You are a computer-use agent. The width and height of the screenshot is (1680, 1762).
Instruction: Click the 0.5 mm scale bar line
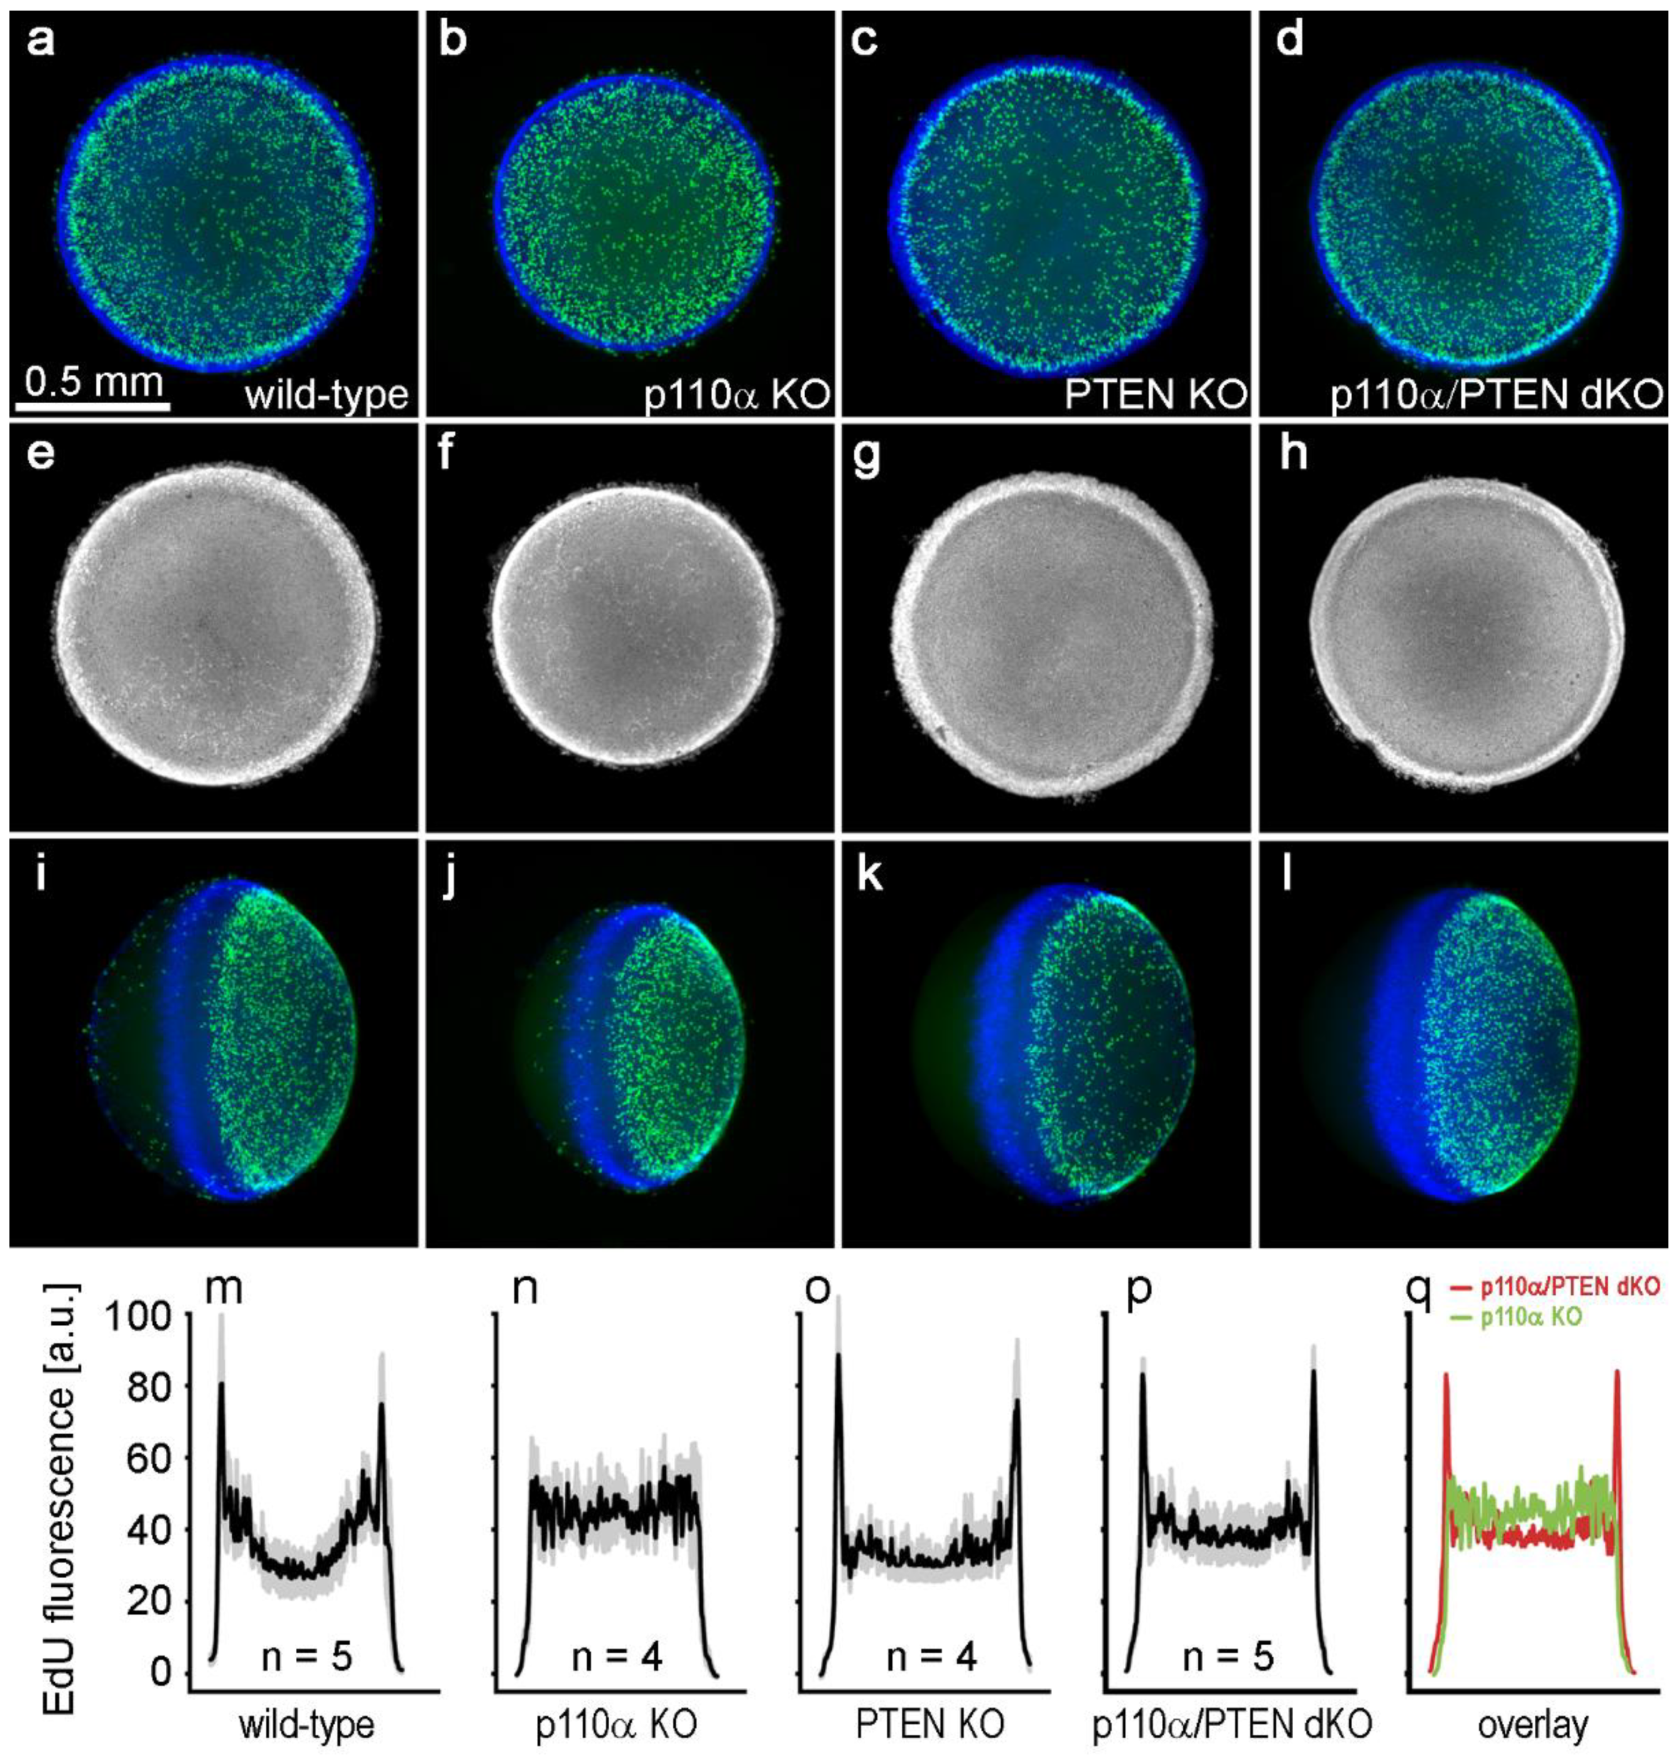click(x=93, y=406)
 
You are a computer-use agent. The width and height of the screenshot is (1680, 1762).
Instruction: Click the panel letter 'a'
click(x=40, y=42)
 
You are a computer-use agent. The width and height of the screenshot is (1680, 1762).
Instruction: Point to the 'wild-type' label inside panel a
click(x=326, y=394)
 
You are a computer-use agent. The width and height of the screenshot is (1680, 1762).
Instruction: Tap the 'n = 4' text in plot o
click(x=931, y=1658)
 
